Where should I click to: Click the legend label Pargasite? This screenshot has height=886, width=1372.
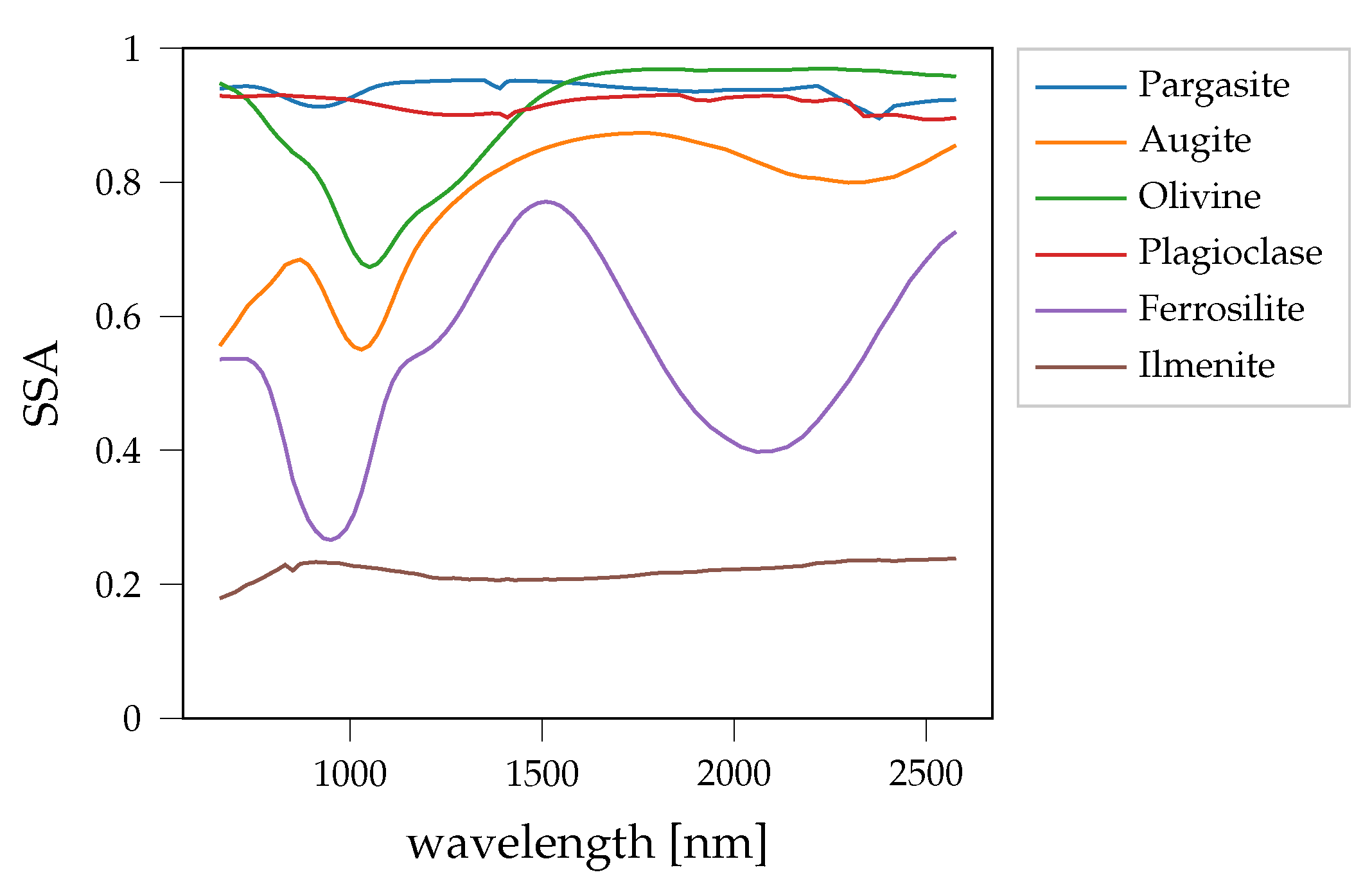[1213, 86]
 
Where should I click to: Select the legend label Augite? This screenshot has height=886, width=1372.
[1195, 142]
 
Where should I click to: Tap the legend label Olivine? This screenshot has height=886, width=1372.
[1199, 197]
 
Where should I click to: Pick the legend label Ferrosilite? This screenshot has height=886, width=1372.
[1221, 309]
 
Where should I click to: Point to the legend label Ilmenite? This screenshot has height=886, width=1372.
[1206, 366]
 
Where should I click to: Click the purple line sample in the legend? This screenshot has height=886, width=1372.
[1080, 311]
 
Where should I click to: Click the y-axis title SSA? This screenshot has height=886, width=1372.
[40, 383]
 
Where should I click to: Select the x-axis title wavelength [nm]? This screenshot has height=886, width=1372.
[587, 844]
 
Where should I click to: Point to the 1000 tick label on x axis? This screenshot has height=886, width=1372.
[349, 774]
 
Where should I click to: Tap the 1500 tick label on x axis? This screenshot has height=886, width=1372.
[542, 774]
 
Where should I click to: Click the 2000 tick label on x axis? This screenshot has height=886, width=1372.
[734, 774]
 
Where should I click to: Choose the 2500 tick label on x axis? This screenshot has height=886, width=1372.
[926, 774]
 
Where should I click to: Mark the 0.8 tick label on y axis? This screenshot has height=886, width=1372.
[118, 184]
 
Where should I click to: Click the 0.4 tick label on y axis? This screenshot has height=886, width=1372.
[118, 451]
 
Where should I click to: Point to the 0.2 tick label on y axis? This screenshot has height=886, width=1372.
[118, 586]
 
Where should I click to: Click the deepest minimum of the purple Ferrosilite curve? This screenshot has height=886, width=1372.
[330, 540]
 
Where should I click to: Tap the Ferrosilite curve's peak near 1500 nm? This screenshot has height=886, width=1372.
[545, 202]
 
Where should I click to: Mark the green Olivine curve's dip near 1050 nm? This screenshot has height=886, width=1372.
[369, 266]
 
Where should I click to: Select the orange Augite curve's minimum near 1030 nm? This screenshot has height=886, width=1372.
[362, 349]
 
